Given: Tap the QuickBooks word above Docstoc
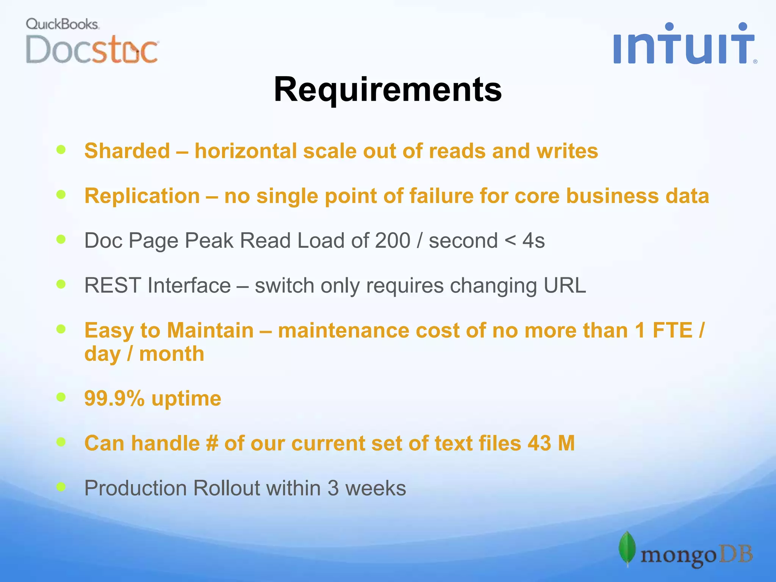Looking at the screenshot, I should coord(62,24).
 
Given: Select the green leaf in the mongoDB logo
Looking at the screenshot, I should coord(627,549).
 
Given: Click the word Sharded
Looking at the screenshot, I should coord(127,151).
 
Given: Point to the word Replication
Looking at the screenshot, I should coord(142,196).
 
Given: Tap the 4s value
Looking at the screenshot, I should coord(533,241).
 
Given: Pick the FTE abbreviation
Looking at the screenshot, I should coord(672,330).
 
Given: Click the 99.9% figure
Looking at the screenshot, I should coord(114,399).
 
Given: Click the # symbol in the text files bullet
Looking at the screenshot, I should coord(212,443).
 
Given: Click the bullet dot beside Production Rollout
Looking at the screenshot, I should coord(61,487).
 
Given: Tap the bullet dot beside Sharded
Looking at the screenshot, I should coord(61,150).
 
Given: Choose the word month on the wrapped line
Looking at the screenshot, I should coord(172,354).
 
